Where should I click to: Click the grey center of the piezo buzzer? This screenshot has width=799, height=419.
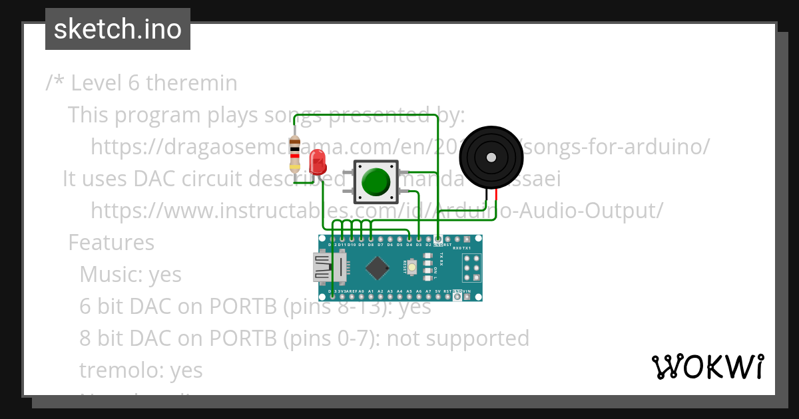click(491, 158)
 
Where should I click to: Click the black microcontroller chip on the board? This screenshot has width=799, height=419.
click(378, 267)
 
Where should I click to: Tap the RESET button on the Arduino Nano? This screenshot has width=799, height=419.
click(412, 267)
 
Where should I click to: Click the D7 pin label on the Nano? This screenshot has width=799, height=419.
click(380, 245)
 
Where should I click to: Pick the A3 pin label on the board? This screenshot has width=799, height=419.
click(390, 291)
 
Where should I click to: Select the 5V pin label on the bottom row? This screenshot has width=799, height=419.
click(438, 291)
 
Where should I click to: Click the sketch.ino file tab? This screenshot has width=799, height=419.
click(118, 29)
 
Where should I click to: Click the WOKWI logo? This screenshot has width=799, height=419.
click(707, 367)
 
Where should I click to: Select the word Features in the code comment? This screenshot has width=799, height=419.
click(111, 243)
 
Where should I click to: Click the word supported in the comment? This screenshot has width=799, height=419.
click(477, 339)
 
